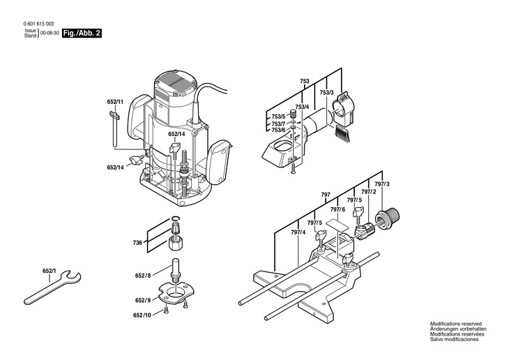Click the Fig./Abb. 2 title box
point(82,33)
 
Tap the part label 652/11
point(115,102)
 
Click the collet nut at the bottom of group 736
point(176,243)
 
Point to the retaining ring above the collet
point(175,219)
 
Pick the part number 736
point(137,243)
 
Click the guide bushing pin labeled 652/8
point(175,269)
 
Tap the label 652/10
point(142,315)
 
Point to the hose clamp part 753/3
point(344,109)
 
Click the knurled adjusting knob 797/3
point(388,219)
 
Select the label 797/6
point(337,210)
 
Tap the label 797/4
point(298,232)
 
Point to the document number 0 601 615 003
point(39,24)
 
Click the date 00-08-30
point(50,33)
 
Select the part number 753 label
point(305,81)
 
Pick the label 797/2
point(368,192)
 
